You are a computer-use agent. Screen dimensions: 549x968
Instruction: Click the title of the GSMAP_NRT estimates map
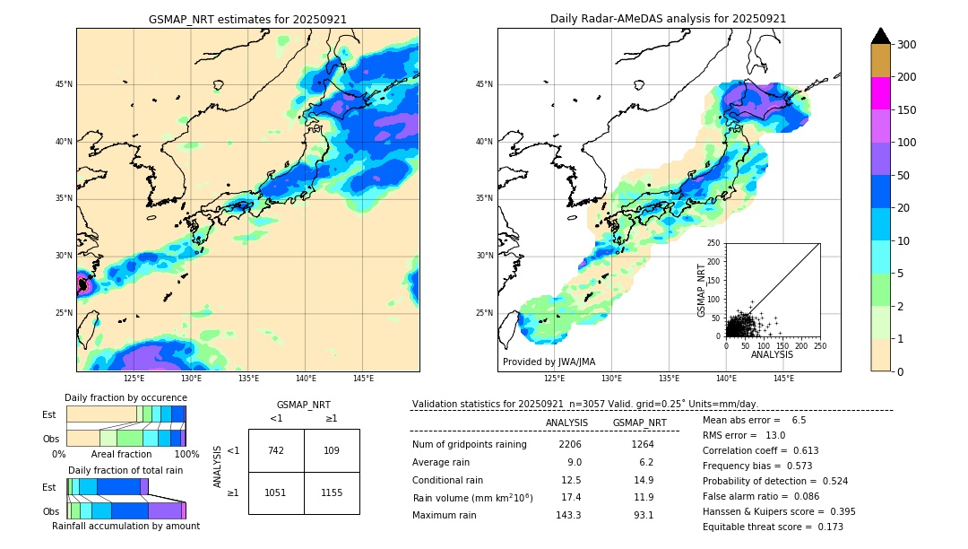[247, 19]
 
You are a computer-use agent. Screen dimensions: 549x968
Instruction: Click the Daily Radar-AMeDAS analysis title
[668, 19]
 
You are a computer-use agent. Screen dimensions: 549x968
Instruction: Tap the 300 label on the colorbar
[906, 45]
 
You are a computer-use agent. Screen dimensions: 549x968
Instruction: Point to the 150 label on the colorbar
[906, 110]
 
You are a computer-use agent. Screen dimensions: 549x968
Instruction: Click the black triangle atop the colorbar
[881, 36]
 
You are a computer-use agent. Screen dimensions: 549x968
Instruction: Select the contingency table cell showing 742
[276, 450]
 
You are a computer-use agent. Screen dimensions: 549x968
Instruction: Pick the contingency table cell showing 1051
[276, 492]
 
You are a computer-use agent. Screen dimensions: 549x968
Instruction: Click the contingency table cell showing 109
[332, 450]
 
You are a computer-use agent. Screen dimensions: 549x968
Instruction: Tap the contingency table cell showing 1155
[332, 492]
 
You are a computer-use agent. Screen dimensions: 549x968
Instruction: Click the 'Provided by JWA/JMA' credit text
[549, 362]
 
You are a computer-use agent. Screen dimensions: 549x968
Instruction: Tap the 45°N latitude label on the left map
[63, 84]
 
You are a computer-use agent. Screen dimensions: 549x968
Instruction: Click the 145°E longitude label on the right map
[783, 379]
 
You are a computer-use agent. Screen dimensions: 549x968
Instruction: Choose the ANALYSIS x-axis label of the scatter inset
[772, 354]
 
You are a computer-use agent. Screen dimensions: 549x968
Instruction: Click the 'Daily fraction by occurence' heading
[125, 397]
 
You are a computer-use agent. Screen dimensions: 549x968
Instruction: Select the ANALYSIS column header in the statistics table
[566, 423]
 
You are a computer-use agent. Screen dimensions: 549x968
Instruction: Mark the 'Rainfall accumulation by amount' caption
[125, 526]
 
